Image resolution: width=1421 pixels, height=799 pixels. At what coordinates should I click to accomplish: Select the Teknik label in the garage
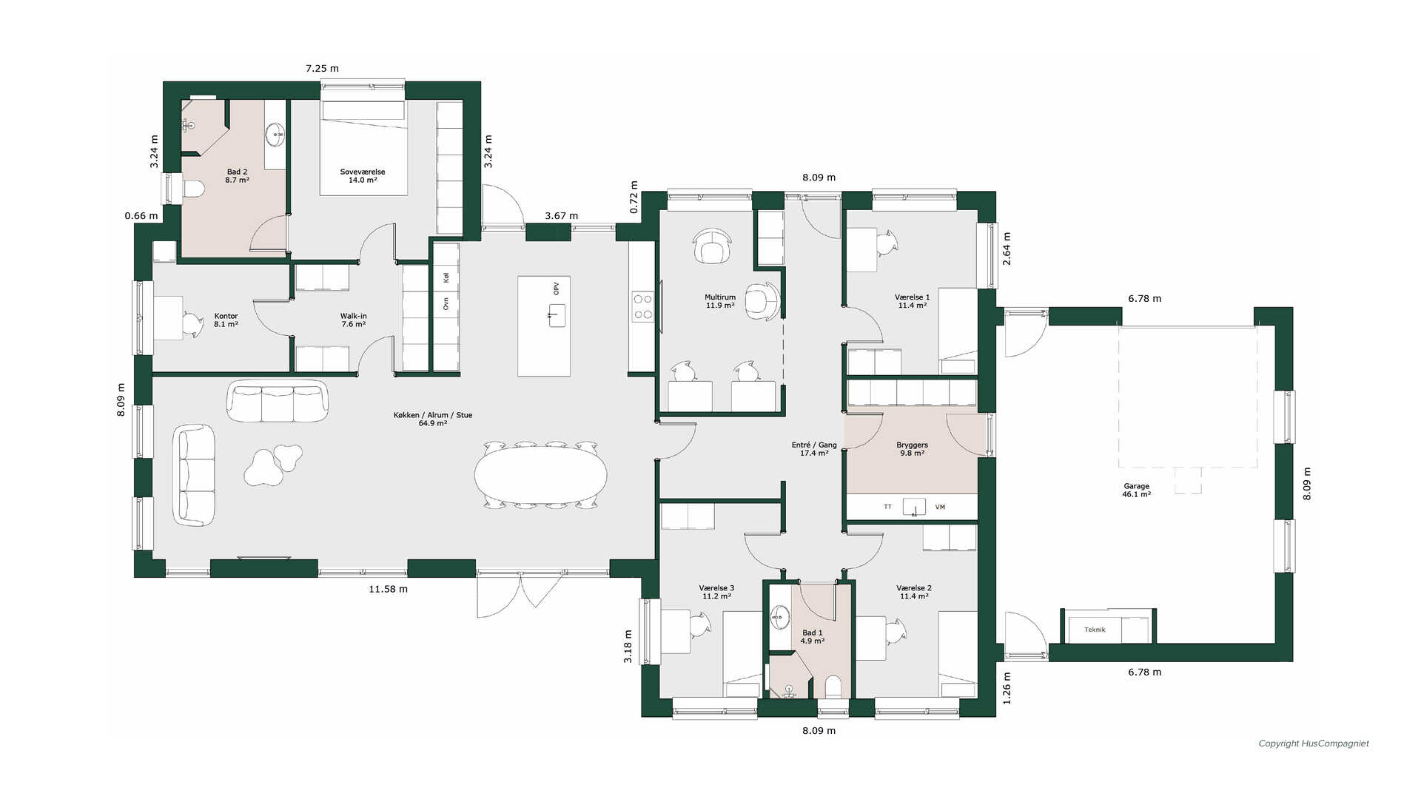point(1095,630)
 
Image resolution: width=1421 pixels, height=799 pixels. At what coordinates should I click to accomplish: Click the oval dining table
point(540,475)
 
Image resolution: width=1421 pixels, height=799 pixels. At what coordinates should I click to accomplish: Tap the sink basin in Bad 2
point(275,134)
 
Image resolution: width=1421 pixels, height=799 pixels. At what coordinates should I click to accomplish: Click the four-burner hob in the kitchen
point(642,306)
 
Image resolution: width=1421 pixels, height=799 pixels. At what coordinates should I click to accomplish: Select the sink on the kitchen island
point(557,315)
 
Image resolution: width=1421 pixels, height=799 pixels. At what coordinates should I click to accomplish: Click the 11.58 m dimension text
point(389,589)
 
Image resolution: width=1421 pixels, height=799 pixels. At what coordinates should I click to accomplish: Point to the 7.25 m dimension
point(323,68)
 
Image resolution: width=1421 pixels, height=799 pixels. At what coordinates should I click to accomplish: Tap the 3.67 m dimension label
point(562,216)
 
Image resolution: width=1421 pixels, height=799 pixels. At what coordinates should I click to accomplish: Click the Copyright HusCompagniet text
point(1314,744)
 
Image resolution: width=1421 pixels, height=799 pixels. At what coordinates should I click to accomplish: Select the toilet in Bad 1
point(833,687)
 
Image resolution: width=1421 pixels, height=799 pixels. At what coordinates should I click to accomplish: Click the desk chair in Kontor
point(192,325)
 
